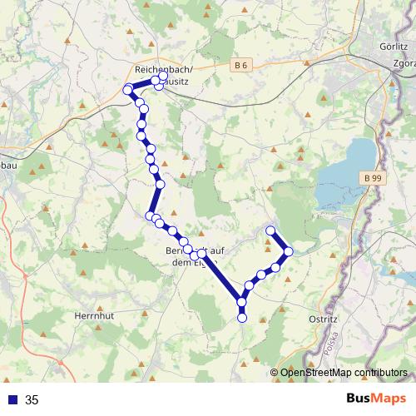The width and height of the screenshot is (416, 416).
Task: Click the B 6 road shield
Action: tap(241, 64)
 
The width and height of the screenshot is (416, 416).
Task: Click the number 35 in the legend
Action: tap(32, 399)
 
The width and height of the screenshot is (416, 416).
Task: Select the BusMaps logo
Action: tap(374, 399)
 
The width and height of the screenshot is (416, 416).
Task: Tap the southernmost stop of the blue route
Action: tap(242, 317)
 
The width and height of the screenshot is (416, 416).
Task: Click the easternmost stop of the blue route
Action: tap(289, 250)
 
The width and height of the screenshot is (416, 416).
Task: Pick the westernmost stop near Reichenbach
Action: tap(127, 90)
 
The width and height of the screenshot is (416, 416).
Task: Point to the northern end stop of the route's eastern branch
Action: tap(270, 230)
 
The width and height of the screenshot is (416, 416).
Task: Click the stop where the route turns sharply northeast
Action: tap(242, 302)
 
